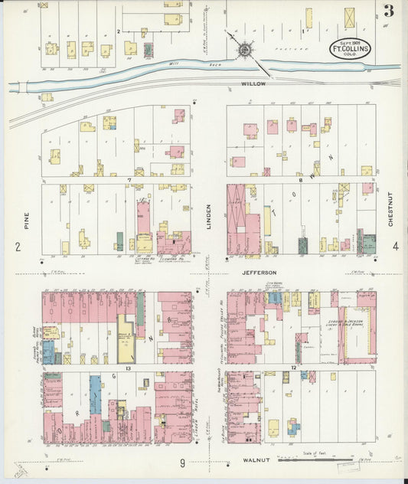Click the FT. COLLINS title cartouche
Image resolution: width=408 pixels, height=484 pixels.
pyautogui.click(x=349, y=47)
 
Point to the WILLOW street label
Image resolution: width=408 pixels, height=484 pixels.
pyautogui.click(x=253, y=83)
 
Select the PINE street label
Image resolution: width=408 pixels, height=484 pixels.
pyautogui.click(x=27, y=221)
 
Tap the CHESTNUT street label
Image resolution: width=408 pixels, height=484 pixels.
pyautogui.click(x=390, y=208)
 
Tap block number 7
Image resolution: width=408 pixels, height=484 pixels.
pyautogui.click(x=130, y=180)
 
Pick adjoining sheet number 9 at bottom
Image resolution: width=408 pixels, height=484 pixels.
pyautogui.click(x=182, y=462)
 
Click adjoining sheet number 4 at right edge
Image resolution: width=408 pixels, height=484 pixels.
pyautogui.click(x=396, y=246)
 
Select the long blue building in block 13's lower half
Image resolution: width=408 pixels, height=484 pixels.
pyautogui.click(x=95, y=395)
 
